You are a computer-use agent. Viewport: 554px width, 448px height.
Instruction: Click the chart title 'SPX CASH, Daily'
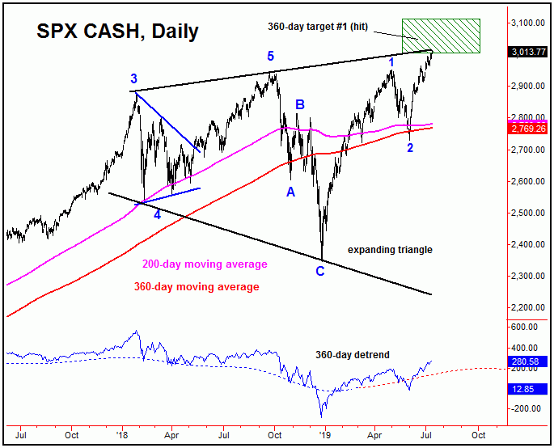click(x=118, y=32)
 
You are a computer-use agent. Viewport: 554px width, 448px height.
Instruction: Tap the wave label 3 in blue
click(x=134, y=79)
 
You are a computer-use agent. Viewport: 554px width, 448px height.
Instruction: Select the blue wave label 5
click(x=272, y=57)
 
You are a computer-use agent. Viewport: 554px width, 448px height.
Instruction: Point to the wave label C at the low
click(x=321, y=270)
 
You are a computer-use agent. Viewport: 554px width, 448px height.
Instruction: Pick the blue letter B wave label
click(x=299, y=104)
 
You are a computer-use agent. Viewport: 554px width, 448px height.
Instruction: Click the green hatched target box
click(x=442, y=36)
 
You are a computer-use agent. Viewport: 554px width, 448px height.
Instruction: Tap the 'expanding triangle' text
click(x=390, y=250)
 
